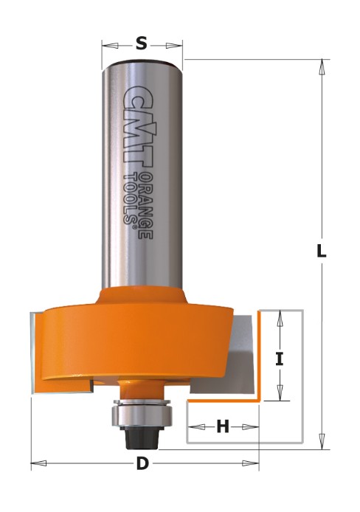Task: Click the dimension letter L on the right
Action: coord(322,251)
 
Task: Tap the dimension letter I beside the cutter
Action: coord(279,359)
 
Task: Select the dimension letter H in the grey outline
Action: coord(223,426)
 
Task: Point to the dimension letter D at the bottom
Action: coord(142,463)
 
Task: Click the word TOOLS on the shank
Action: coord(129,198)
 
